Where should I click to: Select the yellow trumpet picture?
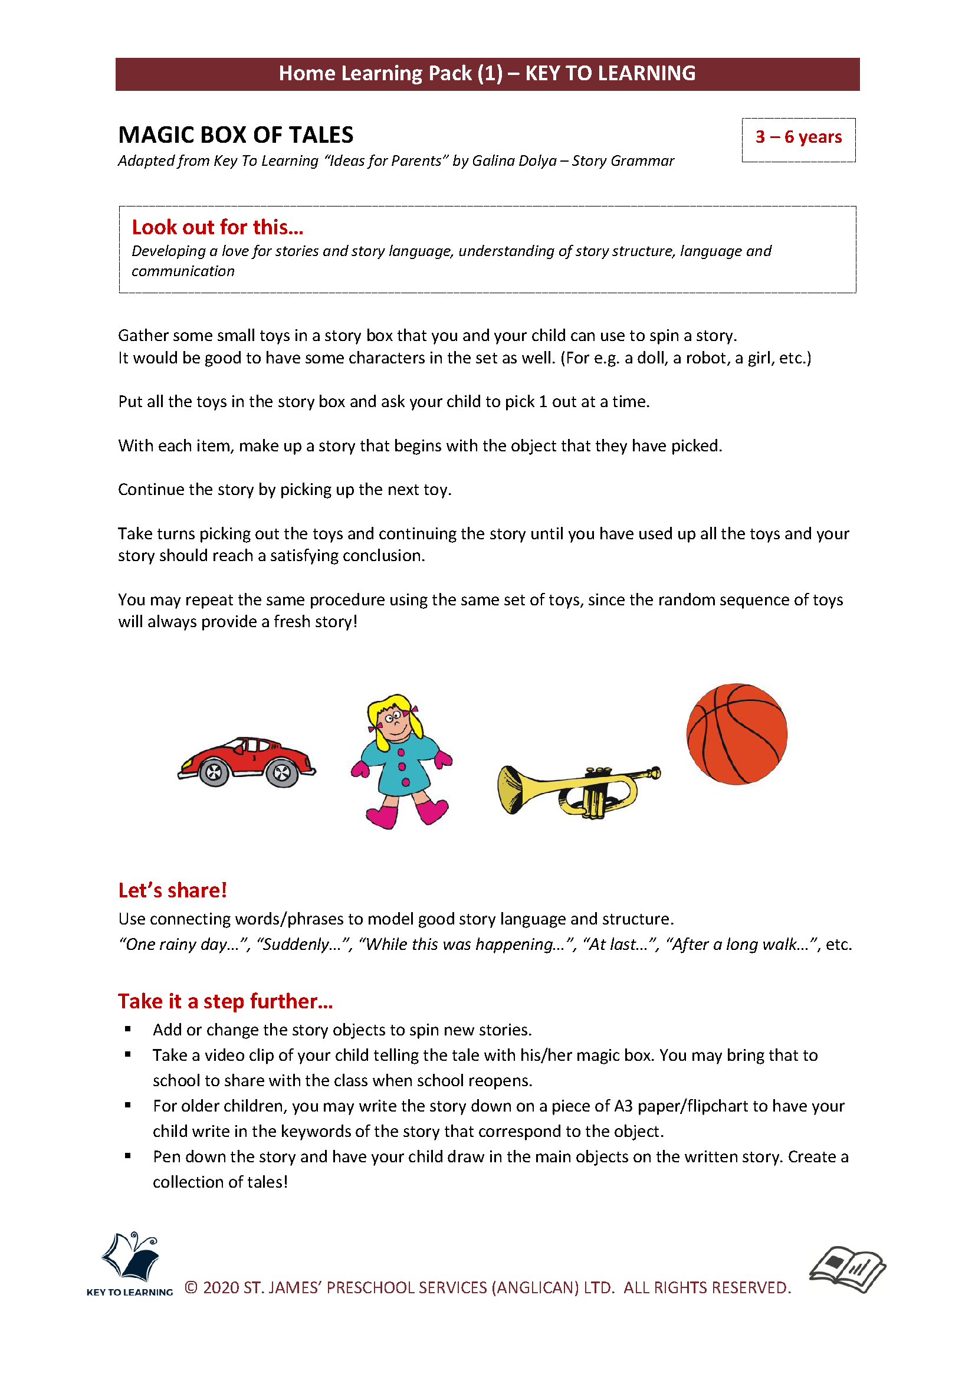click(x=578, y=789)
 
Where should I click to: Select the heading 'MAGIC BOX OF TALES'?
click(x=235, y=135)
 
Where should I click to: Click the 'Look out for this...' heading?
click(x=218, y=227)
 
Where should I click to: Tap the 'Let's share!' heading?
click(x=172, y=890)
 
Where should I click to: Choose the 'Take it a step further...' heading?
click(x=225, y=1001)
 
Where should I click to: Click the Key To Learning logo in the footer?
click(x=130, y=1263)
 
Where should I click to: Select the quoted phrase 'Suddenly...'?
click(x=303, y=944)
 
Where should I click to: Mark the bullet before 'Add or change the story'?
click(x=128, y=1029)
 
